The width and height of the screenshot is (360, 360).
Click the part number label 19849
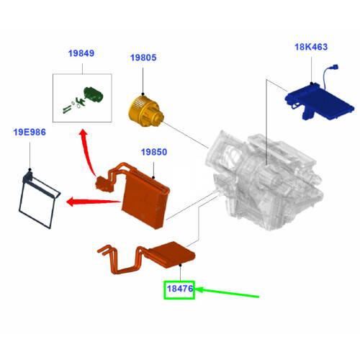(81, 53)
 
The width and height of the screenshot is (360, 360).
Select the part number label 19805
(143, 58)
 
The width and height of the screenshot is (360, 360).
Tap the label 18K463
(311, 48)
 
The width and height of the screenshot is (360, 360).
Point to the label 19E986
(30, 132)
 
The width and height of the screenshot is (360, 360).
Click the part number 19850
(153, 153)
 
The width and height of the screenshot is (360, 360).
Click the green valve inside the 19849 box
(91, 94)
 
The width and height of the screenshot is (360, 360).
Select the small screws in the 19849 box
(68, 107)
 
